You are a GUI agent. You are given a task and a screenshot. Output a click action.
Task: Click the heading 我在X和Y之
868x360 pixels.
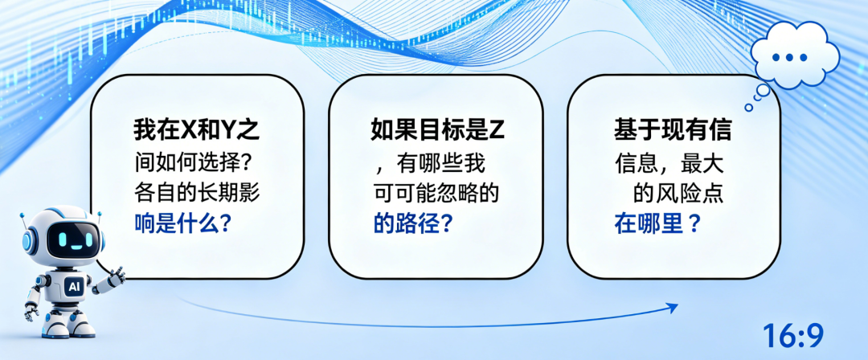pos(197,131)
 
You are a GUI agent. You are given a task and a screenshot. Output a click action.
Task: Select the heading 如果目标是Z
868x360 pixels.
pos(436,131)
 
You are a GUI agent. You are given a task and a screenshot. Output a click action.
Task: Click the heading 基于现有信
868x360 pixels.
pos(673,131)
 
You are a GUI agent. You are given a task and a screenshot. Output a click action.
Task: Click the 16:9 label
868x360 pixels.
pos(793,335)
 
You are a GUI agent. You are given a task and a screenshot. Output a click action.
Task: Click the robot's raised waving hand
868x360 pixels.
pos(117,275)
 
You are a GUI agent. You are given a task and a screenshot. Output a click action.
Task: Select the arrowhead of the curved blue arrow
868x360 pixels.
pos(672,308)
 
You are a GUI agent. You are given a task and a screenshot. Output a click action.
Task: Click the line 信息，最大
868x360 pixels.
pos(669,162)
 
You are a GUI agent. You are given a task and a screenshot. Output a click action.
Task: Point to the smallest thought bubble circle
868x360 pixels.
pos(748,108)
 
